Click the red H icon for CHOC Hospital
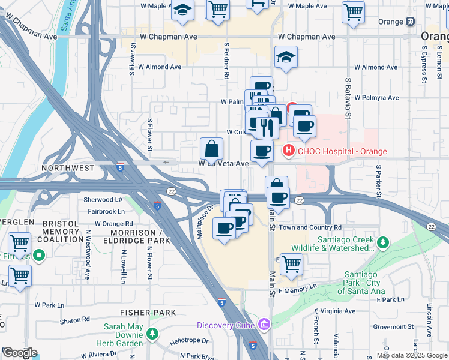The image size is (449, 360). click(x=289, y=151)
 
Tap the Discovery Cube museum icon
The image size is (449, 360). click(x=264, y=325)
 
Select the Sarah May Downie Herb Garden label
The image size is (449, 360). click(x=123, y=335)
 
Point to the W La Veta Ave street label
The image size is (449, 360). click(x=223, y=163)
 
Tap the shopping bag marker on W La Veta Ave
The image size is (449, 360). click(x=211, y=148)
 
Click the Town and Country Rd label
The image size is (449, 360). click(x=310, y=227)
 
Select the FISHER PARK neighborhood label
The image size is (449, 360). click(x=148, y=313)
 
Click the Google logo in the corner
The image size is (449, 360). click(x=20, y=353)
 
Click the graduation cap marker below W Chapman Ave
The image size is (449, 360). click(x=286, y=57)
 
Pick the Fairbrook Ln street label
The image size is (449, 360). click(x=106, y=211)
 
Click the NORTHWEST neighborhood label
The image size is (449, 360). click(x=68, y=169)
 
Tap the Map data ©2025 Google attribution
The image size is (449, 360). click(x=412, y=355)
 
